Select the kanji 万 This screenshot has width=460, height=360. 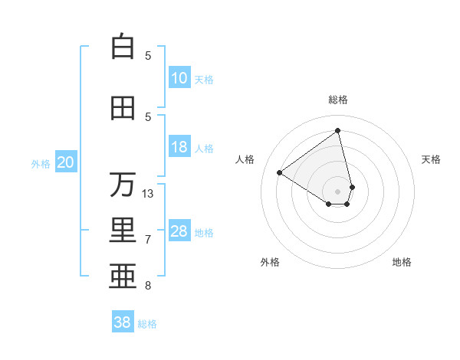tap(123, 185)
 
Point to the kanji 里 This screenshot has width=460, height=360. tap(123, 231)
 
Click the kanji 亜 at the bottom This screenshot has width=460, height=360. tap(123, 277)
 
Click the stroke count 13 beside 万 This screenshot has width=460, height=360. tap(148, 194)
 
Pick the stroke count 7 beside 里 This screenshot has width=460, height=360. tap(148, 240)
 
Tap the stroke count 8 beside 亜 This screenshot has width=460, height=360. tap(148, 286)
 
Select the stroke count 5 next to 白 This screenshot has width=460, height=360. tap(148, 55)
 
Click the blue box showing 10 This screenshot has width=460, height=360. tap(179, 78)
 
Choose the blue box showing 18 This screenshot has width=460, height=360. tap(179, 147)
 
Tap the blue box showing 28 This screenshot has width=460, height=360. tap(179, 231)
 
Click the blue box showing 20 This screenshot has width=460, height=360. tap(66, 162)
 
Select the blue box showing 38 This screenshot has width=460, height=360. tap(123, 322)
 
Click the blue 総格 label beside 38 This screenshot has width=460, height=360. tap(147, 324)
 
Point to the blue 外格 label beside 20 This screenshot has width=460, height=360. tap(41, 164)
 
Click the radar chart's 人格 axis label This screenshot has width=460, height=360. tap(245, 159)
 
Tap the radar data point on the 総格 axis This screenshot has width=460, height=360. tap(337, 131)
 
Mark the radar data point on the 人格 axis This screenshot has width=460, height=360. tap(280, 172)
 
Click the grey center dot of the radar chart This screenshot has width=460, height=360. tap(337, 190)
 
